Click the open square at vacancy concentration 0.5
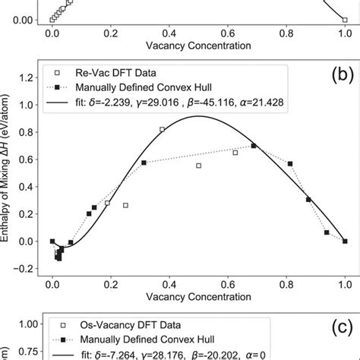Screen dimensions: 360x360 pyautogui.click(x=198, y=166)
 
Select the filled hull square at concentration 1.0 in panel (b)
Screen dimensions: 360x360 pyautogui.click(x=345, y=242)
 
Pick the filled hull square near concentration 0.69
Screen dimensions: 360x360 pyautogui.click(x=254, y=146)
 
